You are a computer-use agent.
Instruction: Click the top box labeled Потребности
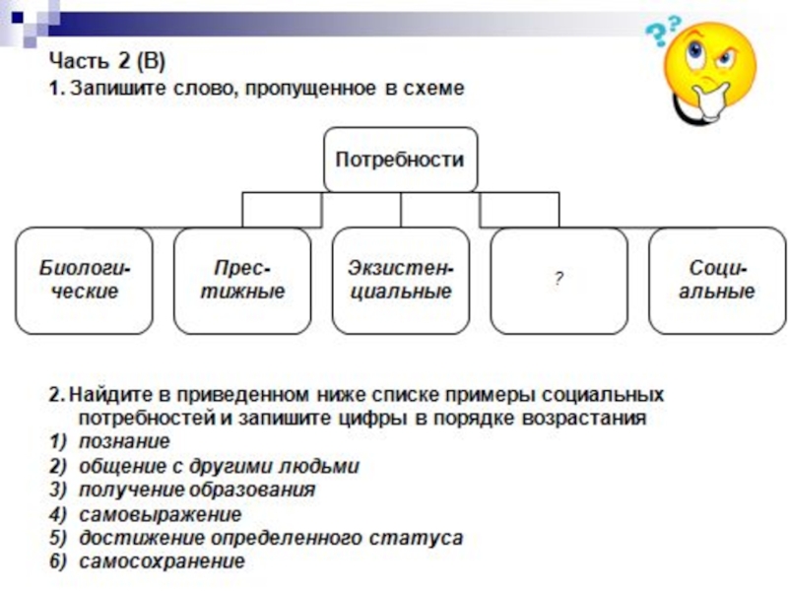tap(400, 159)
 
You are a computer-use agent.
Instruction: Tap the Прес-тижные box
tap(242, 281)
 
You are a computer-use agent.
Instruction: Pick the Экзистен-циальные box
tap(400, 281)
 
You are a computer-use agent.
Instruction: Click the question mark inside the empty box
tap(558, 280)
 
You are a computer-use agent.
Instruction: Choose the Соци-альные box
tap(716, 281)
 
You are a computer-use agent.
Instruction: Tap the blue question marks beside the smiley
tap(657, 37)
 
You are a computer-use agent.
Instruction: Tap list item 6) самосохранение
tap(163, 562)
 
